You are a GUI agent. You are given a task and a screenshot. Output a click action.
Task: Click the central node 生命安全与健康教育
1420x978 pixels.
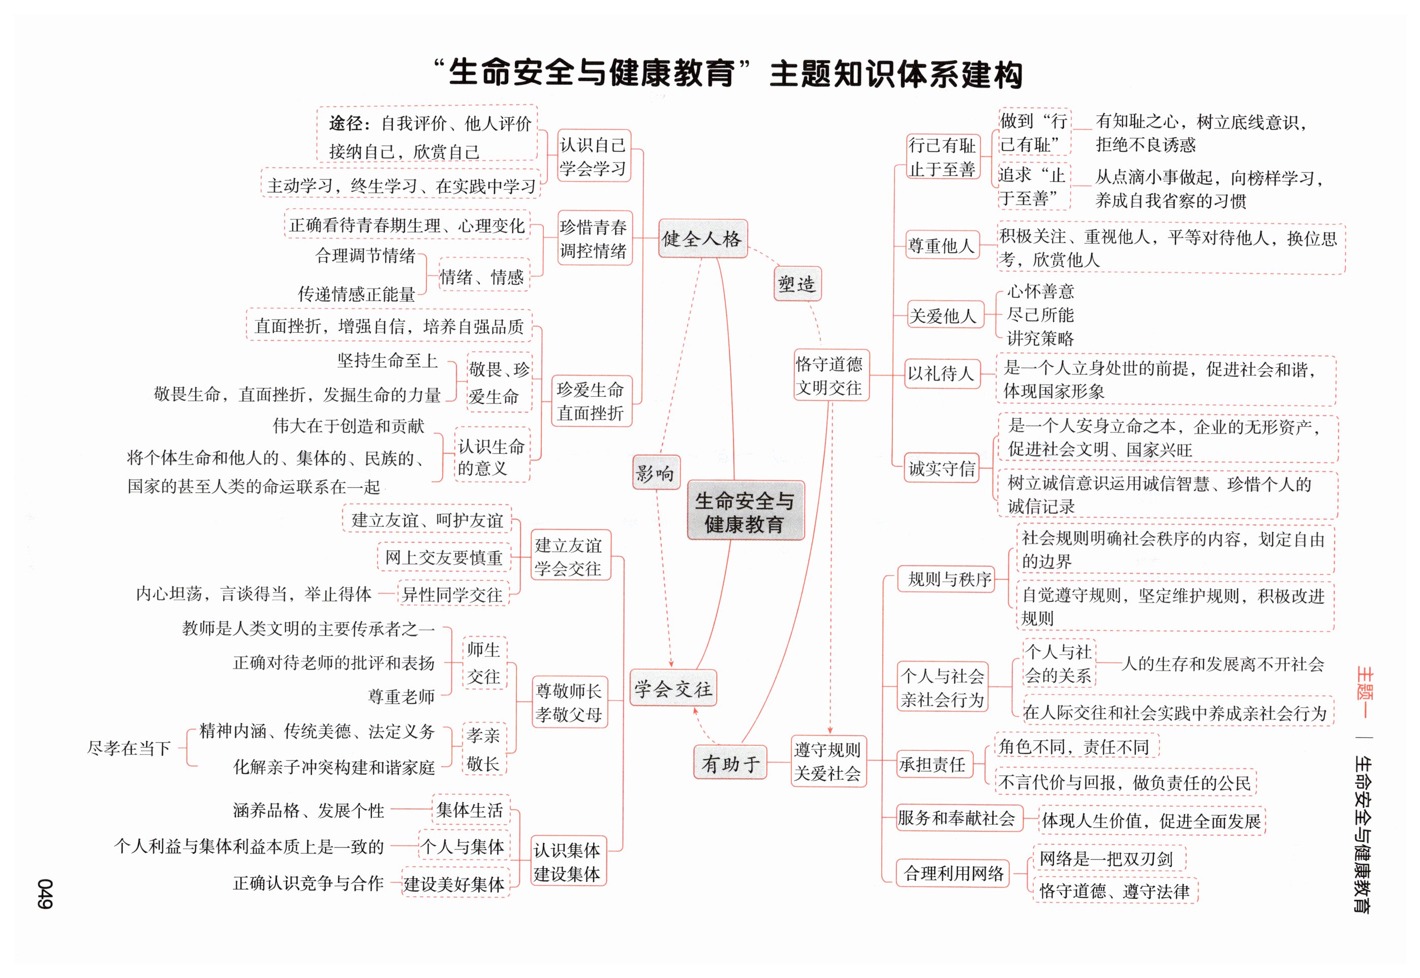coord(745,511)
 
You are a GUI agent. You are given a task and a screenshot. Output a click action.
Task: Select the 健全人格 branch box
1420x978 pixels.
coord(702,238)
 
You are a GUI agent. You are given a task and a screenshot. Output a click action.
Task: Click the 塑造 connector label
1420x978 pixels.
coord(797,283)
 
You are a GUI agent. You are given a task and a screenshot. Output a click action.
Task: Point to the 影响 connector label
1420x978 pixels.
coord(655,472)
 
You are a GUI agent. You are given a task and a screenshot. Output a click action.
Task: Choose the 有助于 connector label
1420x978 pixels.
coord(730,763)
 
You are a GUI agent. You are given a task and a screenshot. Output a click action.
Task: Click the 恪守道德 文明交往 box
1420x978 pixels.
coord(830,375)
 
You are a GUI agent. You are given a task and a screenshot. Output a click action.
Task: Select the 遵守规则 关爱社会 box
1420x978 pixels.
coord(828,761)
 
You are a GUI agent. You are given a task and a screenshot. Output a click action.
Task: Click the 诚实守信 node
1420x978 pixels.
coord(941,468)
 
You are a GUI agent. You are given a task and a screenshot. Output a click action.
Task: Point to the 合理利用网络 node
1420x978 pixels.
coord(953,873)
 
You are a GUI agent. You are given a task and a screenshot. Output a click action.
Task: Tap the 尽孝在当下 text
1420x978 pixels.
coord(129,747)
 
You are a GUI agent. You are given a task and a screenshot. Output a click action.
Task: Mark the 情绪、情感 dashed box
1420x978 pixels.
coord(482,276)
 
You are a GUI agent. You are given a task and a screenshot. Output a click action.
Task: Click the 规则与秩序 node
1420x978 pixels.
coord(949,579)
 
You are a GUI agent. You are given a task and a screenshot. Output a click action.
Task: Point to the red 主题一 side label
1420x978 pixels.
coord(1364,692)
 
